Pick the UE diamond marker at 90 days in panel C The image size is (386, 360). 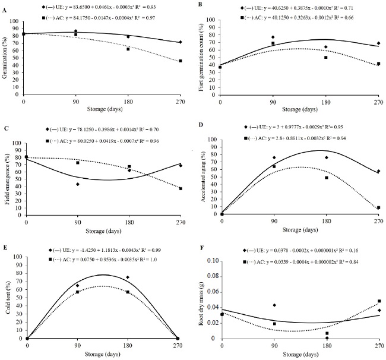click(x=78, y=184)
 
